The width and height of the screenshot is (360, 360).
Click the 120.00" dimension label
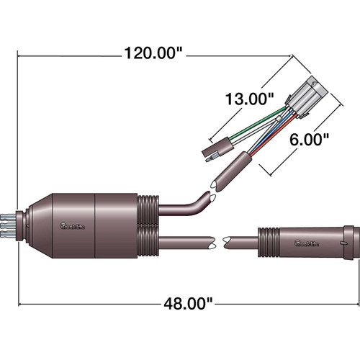[153, 53]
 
